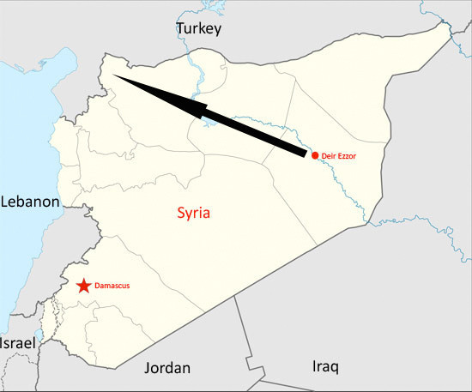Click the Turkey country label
point(198,29)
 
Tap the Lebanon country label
point(30,202)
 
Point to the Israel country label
point(18,343)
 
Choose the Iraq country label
point(325,366)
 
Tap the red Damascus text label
point(112,286)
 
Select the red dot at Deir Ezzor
point(315,155)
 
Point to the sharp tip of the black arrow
point(112,75)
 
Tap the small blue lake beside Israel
point(39,332)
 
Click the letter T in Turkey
point(180,29)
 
